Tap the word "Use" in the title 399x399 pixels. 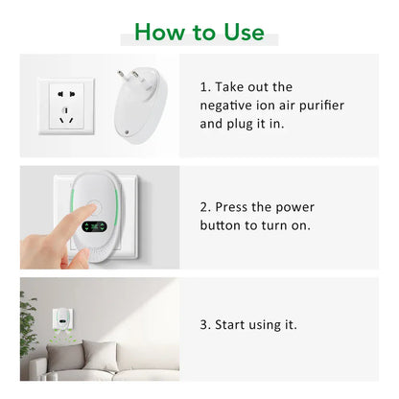[x=245, y=32]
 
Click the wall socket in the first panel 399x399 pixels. [x=66, y=106]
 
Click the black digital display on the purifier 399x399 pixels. [x=94, y=227]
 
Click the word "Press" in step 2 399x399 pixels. [x=231, y=207]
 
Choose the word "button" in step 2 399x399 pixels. [x=220, y=225]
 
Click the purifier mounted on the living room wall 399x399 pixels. [x=62, y=318]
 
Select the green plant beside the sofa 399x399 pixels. [x=28, y=323]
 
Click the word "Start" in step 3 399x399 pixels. [x=230, y=325]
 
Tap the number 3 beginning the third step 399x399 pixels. [x=204, y=325]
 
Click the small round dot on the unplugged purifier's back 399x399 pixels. [x=127, y=132]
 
